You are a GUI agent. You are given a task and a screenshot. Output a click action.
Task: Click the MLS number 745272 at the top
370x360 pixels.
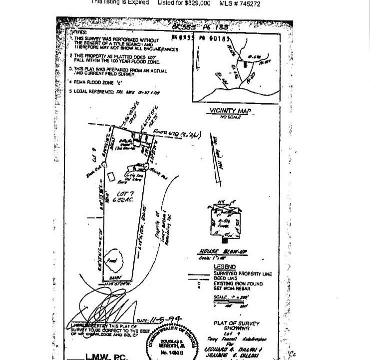240,2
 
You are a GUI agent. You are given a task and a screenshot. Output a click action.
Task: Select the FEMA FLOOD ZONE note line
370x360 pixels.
101,82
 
